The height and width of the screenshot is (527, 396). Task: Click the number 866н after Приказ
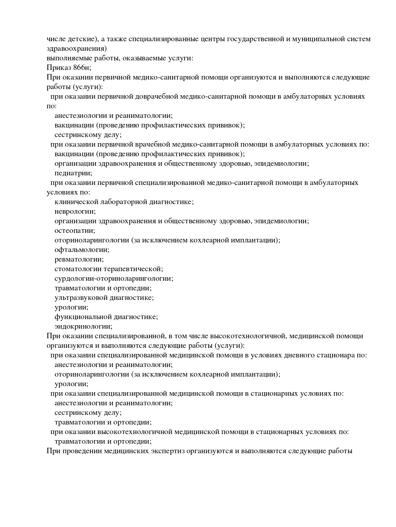point(82,68)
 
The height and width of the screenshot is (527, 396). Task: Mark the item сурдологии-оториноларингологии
point(114,279)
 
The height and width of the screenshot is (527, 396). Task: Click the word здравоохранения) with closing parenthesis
point(77,49)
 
